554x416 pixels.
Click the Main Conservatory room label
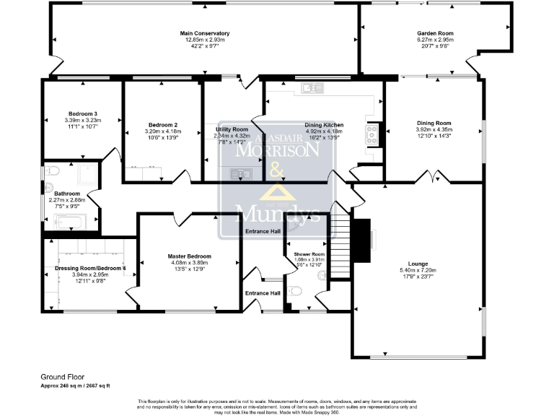tap(205, 33)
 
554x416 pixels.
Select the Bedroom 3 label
tap(82, 114)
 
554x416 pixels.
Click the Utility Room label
tap(232, 129)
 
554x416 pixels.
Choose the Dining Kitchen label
tap(324, 125)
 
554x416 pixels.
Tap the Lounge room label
tap(418, 264)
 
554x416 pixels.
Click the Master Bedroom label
tap(189, 256)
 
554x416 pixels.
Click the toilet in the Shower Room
tap(294, 291)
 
